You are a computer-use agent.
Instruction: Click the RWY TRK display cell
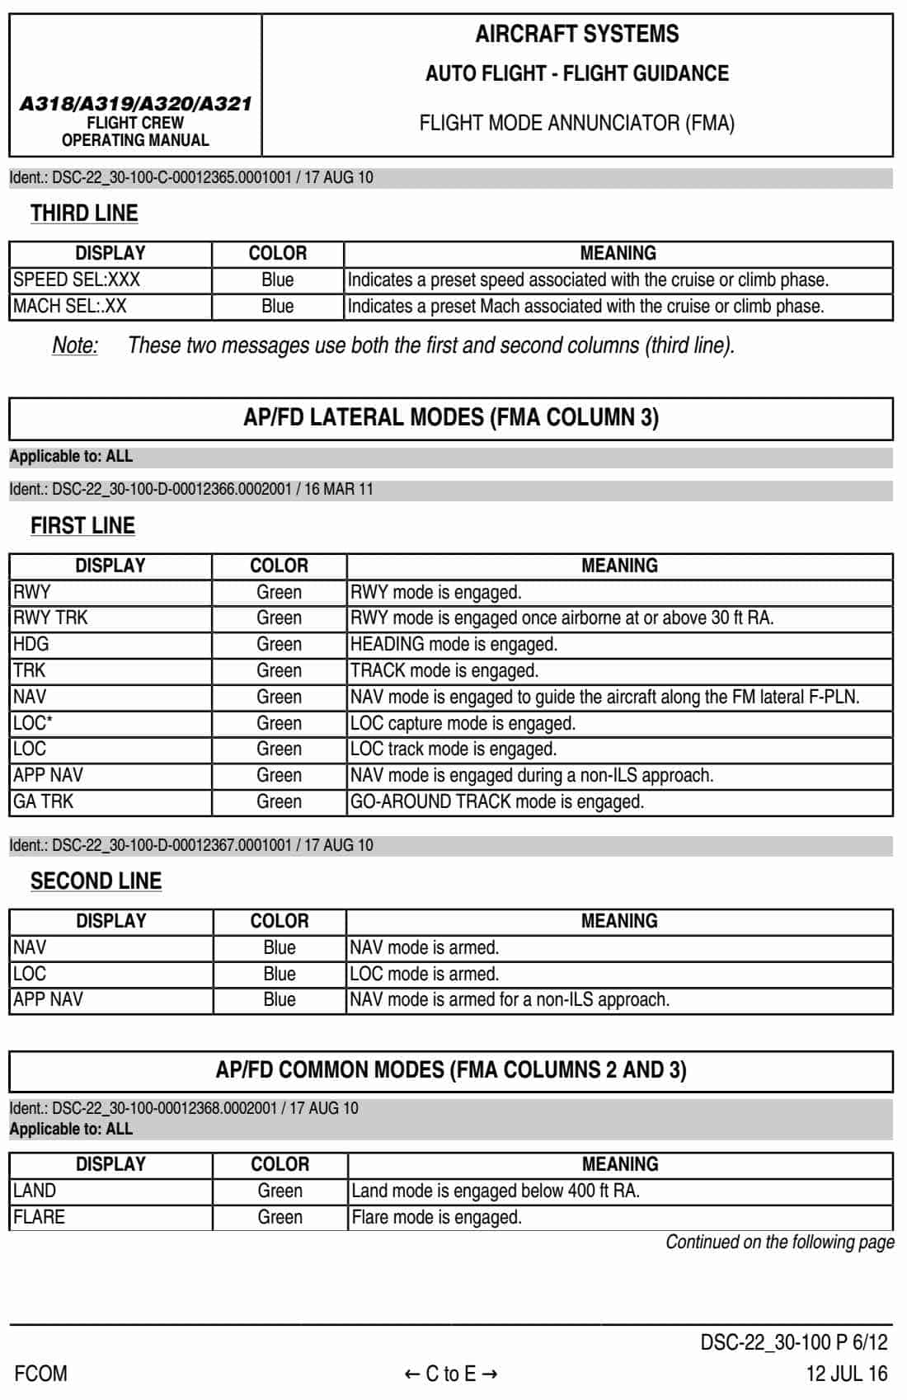50,618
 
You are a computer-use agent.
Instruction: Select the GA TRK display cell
44,801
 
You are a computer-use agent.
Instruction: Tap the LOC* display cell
33,723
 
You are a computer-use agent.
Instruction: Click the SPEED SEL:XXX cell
77,280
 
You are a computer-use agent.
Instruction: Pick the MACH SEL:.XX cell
70,306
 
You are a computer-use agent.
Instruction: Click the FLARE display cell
39,1217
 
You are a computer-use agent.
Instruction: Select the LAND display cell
35,1191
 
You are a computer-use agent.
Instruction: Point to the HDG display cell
31,644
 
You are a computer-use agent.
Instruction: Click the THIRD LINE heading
84,214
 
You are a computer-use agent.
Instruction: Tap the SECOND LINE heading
96,881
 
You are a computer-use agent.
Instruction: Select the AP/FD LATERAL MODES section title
451,417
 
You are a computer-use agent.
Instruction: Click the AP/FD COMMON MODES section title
451,1070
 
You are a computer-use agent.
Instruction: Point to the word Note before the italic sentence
75,345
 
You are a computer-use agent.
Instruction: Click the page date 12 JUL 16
846,1374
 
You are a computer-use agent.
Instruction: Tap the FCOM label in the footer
41,1374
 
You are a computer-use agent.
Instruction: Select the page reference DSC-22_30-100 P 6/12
793,1342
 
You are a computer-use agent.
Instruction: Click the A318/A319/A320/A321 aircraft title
135,104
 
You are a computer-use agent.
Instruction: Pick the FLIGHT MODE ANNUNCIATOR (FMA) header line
576,124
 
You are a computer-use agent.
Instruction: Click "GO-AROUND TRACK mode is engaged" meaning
497,801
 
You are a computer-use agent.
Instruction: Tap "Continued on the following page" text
779,1242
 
